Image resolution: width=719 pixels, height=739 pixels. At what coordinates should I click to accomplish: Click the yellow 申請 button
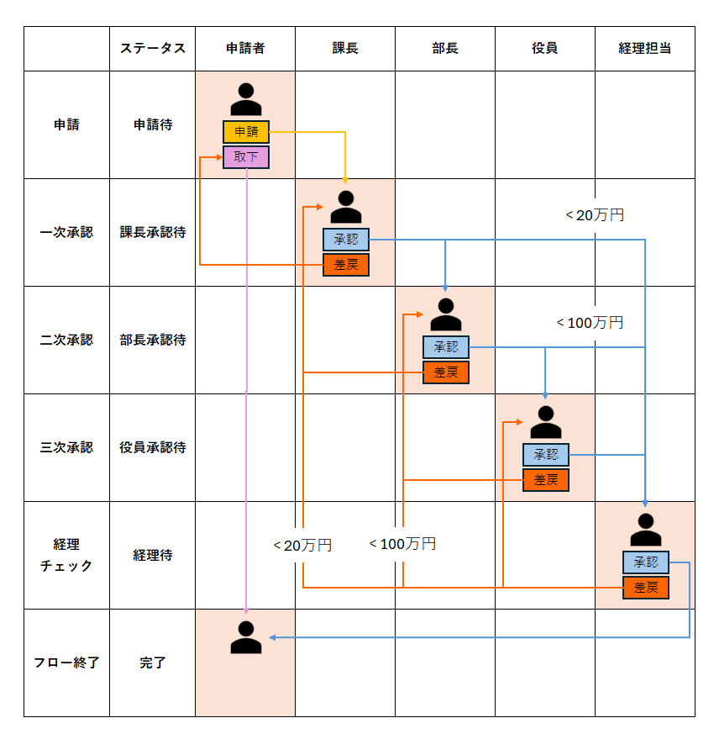coord(246,131)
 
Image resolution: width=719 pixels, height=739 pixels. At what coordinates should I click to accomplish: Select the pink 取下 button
coord(246,157)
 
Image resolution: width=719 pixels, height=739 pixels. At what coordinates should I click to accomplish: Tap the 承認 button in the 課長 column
coord(346,240)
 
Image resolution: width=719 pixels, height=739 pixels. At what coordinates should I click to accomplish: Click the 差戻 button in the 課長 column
coord(346,265)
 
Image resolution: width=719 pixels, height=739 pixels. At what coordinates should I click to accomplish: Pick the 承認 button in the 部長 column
coord(446,347)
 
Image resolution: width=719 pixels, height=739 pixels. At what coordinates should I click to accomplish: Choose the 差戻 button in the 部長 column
coord(446,372)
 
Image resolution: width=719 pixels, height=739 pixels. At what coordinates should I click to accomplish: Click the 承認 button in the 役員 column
coord(546,455)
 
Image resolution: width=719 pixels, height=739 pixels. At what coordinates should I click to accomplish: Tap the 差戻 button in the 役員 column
coord(546,480)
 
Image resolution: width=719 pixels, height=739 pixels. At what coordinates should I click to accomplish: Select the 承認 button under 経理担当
coord(646,562)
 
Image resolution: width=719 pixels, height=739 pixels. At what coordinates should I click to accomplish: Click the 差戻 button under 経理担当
coord(646,588)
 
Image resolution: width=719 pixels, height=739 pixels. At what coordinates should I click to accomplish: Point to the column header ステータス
coord(153,48)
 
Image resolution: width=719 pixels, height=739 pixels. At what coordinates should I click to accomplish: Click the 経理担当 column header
coord(644,48)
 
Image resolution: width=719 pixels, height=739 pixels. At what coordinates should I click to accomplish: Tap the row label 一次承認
coord(66,232)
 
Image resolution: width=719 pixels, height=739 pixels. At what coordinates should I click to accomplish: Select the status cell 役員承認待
coord(153,447)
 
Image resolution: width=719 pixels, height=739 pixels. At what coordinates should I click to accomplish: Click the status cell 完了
coord(153,662)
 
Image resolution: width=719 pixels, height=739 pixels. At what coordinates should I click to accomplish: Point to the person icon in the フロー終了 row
coord(246,637)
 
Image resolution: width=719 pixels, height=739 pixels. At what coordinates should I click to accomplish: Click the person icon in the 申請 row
coord(246,99)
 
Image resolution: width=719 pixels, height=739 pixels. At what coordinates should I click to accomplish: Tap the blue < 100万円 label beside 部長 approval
coord(590,323)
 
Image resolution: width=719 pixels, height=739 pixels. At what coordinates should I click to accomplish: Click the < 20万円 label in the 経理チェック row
coord(302,546)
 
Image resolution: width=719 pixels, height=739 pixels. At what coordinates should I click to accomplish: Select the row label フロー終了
coord(66,662)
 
